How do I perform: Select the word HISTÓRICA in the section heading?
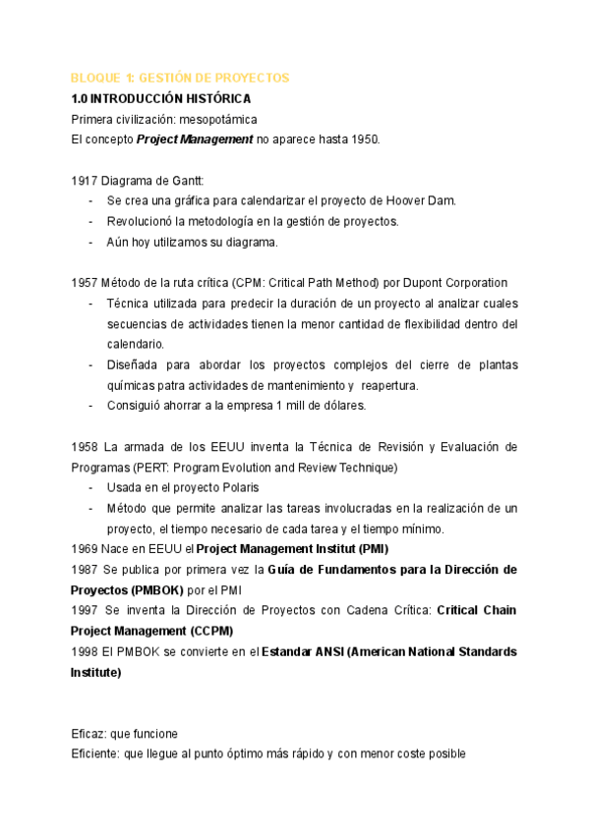pos(216,98)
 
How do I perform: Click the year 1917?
pos(85,181)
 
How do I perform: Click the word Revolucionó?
pos(142,221)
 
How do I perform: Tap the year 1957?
pos(85,283)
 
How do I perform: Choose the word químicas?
pos(130,385)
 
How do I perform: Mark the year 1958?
pos(85,447)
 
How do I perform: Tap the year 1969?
pos(85,548)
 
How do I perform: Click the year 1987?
pos(85,569)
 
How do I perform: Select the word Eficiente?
pos(95,754)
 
